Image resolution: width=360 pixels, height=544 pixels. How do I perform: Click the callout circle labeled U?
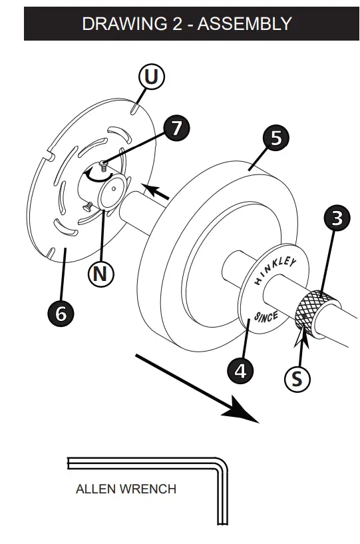151,78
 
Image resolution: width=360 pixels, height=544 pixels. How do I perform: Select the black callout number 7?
176,128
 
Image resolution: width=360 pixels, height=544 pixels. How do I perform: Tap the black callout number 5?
275,138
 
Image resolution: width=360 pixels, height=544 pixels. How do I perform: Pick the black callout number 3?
338,218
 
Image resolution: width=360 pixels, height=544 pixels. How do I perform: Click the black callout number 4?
240,370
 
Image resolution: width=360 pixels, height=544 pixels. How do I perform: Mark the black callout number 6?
61,313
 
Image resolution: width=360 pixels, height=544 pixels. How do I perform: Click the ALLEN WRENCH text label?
126,489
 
